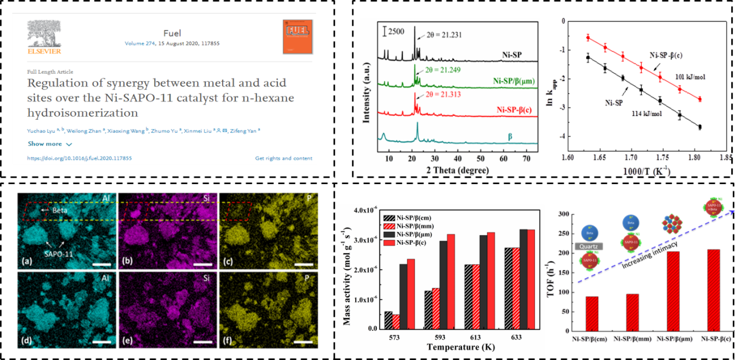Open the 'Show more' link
50,144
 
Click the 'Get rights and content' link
283,158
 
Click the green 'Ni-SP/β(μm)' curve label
514,81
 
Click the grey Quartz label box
589,247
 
